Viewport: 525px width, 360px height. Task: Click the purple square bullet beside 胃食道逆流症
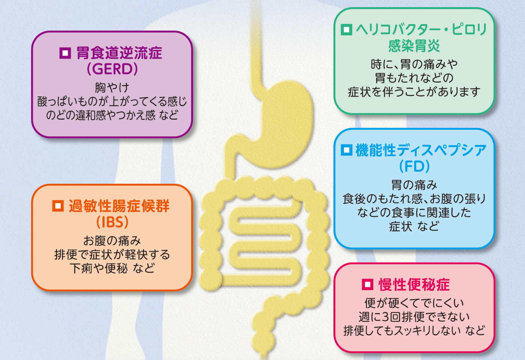coord(65,53)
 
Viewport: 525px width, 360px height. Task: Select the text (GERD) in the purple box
coord(112,69)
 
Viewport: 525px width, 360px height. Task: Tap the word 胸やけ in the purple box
coord(112,87)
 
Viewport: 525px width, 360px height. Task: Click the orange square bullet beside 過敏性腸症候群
coord(58,206)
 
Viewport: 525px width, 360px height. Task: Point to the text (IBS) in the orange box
coord(112,222)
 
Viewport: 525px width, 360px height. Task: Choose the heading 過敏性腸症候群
coord(119,206)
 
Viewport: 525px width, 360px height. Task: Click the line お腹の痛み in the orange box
coord(112,241)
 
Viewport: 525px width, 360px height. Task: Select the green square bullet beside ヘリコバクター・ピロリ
coord(346,30)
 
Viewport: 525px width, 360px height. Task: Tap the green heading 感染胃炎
coord(414,46)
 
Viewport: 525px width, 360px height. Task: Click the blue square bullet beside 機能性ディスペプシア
coord(346,150)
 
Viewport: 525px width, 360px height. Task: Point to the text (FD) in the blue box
coord(414,166)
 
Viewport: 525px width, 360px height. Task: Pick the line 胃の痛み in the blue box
coord(414,185)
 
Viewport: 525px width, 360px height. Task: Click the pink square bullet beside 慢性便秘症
coord(367,284)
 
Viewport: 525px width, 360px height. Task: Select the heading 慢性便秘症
coord(414,285)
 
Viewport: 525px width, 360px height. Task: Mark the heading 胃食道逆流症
coord(119,53)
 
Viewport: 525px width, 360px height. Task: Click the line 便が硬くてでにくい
coord(414,303)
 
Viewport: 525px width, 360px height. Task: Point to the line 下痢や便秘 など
coord(112,268)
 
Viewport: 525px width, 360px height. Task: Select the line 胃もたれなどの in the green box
coord(414,78)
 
